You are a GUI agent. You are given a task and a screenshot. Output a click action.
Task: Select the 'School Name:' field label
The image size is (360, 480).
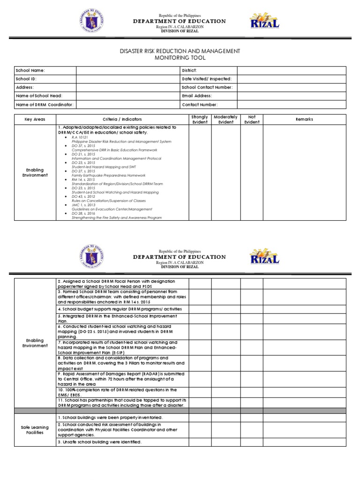coord(30,70)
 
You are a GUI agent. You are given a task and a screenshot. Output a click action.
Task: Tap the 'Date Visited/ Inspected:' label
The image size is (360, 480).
coord(207,79)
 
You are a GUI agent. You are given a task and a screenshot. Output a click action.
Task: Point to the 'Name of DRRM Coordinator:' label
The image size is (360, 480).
coord(45,105)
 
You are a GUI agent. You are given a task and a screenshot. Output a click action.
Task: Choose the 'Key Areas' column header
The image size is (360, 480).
coord(35,120)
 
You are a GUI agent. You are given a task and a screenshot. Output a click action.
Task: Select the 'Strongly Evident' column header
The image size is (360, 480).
coord(200,120)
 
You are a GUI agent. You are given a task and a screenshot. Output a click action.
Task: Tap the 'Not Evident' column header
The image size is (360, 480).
coord(251,120)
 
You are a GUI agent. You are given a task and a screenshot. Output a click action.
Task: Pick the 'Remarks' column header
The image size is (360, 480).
coord(304,120)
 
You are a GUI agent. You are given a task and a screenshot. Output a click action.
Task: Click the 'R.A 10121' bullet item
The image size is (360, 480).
coord(78,137)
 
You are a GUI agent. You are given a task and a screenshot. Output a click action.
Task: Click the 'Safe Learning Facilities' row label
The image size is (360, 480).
coord(35,430)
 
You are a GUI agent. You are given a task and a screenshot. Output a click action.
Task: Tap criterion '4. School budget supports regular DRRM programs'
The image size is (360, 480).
coord(120,309)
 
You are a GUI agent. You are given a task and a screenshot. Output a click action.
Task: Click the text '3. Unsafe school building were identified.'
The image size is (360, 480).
coord(99,442)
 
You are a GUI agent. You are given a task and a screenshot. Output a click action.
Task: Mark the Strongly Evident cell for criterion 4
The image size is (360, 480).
coord(200,309)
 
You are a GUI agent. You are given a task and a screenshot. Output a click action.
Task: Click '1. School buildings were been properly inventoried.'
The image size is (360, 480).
coord(110,417)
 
